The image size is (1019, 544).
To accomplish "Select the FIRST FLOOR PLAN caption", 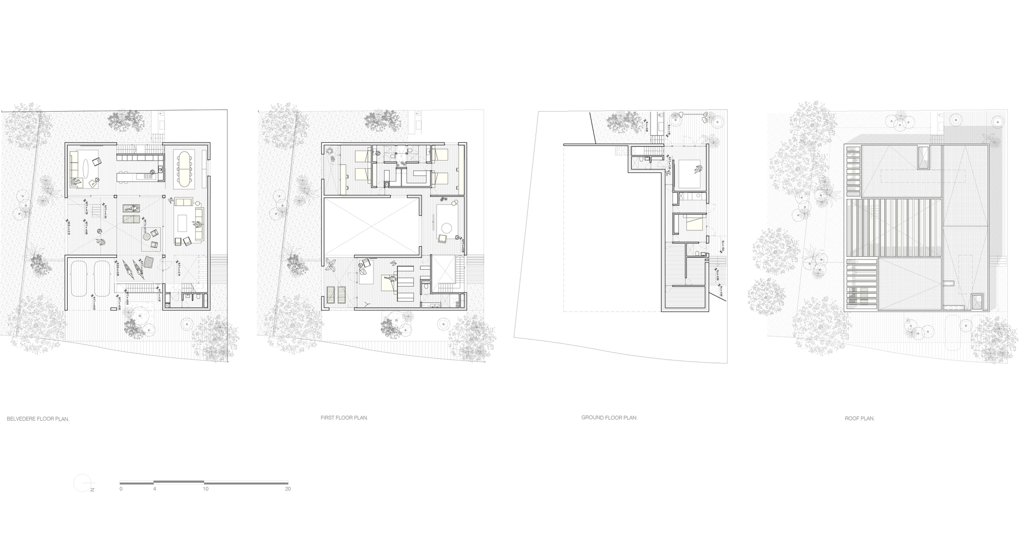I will pos(344,418).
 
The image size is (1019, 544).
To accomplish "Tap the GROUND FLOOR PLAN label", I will pos(609,418).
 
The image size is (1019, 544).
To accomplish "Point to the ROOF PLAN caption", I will pos(860,419).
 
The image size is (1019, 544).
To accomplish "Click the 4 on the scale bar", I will pos(154,488).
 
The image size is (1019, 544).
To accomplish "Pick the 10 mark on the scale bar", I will pos(205,488).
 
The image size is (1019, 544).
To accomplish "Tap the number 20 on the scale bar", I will pos(288,488).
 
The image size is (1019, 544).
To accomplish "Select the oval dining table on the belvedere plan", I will pos(183,168).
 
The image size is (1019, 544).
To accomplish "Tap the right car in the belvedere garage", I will pos(102,278).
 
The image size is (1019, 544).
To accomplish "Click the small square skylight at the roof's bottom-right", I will pos(977,302).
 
